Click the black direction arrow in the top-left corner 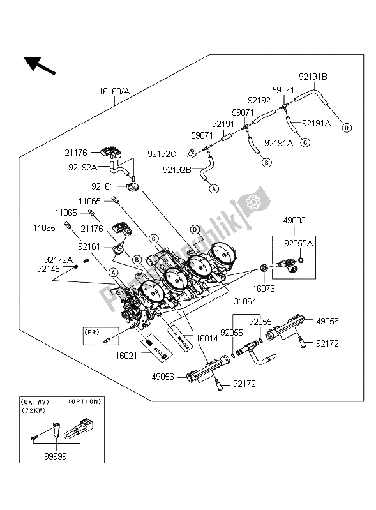39,64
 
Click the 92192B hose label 177,170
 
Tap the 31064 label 245,301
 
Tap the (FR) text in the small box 93,331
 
